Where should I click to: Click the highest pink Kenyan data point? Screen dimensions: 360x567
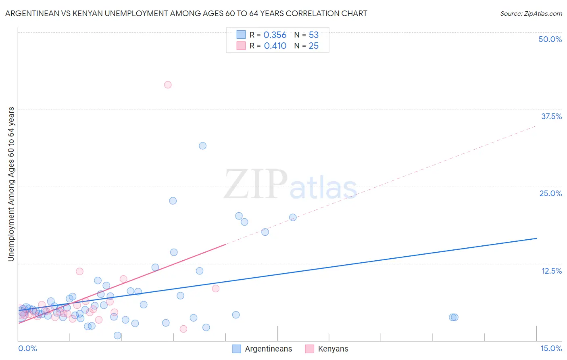168,85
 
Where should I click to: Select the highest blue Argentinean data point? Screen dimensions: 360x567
202,146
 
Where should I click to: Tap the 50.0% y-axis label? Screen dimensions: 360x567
550,39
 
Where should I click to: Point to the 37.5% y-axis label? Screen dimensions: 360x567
551,116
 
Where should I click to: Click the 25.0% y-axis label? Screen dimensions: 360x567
550,193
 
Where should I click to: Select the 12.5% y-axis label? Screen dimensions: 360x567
551,271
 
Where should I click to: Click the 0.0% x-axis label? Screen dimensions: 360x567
27,349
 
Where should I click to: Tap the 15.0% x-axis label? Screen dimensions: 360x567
551,349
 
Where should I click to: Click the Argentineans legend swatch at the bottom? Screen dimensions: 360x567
236,349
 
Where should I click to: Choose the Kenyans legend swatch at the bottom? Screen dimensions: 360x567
310,349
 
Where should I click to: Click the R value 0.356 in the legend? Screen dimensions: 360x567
275,35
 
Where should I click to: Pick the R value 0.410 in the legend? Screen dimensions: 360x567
275,46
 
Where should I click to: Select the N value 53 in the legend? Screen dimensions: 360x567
314,35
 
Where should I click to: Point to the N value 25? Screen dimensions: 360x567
314,46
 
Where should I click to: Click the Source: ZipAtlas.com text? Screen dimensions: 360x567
531,14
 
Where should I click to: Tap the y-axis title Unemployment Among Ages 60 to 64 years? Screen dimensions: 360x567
11,184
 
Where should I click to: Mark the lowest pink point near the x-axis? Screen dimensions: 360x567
183,329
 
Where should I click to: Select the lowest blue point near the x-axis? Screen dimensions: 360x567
117,335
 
